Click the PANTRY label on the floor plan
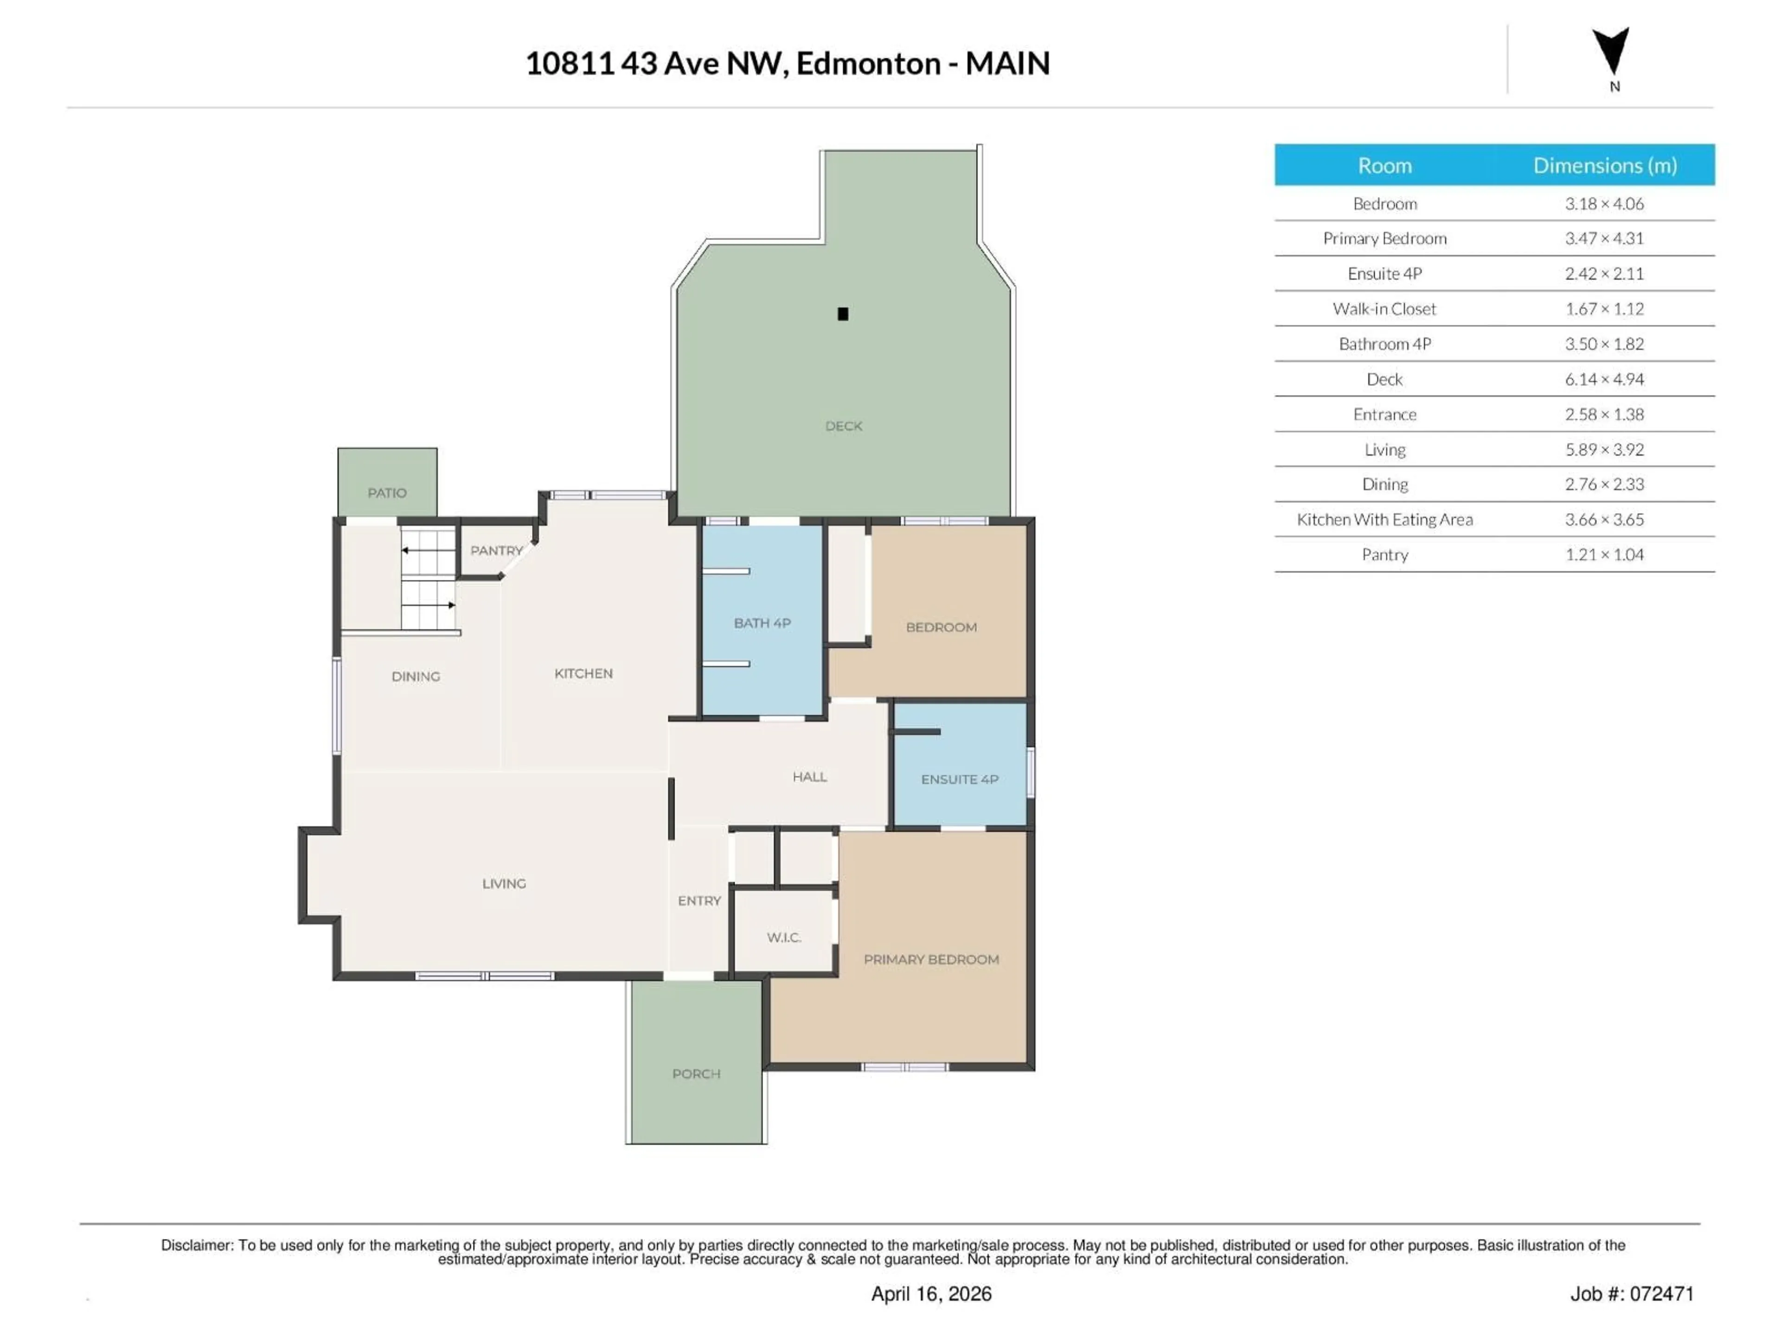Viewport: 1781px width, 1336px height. pos(496,551)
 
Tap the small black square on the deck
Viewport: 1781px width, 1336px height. pos(843,314)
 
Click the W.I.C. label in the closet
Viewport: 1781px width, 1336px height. pos(783,938)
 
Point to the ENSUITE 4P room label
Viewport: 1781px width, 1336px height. pos(959,779)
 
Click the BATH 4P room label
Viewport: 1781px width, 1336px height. pos(762,623)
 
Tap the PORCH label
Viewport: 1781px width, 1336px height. pos(696,1074)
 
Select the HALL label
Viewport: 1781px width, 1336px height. pos(809,777)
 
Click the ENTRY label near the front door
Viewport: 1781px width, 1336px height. pos(699,901)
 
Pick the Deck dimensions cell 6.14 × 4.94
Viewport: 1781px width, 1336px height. pos(1604,379)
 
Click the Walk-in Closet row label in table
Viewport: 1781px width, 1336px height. pos(1384,309)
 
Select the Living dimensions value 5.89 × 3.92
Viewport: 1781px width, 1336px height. pos(1604,450)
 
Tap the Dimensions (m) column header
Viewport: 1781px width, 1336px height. pos(1604,166)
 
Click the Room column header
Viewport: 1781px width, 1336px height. pos(1384,166)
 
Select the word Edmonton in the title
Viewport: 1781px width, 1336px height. pos(868,64)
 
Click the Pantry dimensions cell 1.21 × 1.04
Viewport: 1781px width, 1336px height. pos(1604,555)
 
